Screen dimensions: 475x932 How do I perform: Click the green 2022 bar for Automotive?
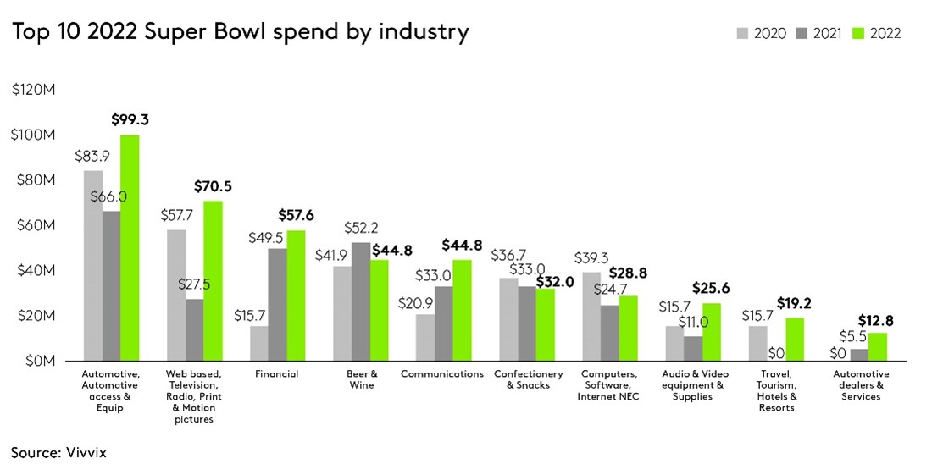130,248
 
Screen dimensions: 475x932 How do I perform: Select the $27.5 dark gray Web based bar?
194,329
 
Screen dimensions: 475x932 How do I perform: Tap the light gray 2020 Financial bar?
258,343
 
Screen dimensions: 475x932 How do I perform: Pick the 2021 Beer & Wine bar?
360,301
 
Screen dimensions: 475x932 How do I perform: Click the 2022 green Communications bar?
462,310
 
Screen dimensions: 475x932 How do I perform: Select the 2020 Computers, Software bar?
591,316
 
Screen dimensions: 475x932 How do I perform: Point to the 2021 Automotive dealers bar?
859,355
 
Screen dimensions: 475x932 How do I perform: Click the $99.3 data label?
130,119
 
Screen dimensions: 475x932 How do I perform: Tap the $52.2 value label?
362,228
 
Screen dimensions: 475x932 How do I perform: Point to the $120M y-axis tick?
34,90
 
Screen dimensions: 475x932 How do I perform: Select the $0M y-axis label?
38,361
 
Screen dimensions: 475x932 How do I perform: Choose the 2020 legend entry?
762,34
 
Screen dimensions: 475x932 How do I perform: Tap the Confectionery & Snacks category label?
529,379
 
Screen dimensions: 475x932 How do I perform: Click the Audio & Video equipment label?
694,385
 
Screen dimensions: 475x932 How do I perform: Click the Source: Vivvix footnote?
59,453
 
